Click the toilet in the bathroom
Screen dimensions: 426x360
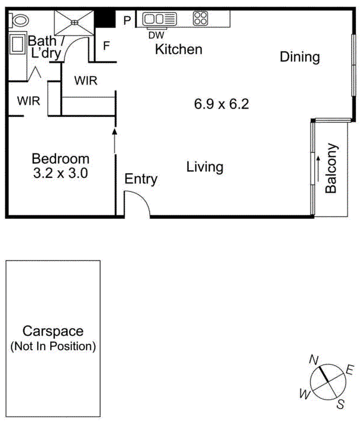[x=20, y=20]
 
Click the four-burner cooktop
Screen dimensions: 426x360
[x=200, y=19]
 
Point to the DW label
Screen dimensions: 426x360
[x=156, y=35]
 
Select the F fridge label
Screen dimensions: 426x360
[x=107, y=45]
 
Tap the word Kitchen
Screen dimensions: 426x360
[x=178, y=50]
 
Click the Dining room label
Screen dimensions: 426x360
[x=300, y=57]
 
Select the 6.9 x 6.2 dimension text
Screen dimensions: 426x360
[x=221, y=104]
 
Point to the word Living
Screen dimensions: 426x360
[x=204, y=166]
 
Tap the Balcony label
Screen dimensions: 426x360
[x=331, y=168]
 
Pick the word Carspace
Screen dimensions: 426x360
[x=52, y=332]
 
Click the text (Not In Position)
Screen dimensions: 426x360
[x=52, y=346]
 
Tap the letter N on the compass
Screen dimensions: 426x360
[x=312, y=359]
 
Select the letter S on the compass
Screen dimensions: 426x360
[x=340, y=405]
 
